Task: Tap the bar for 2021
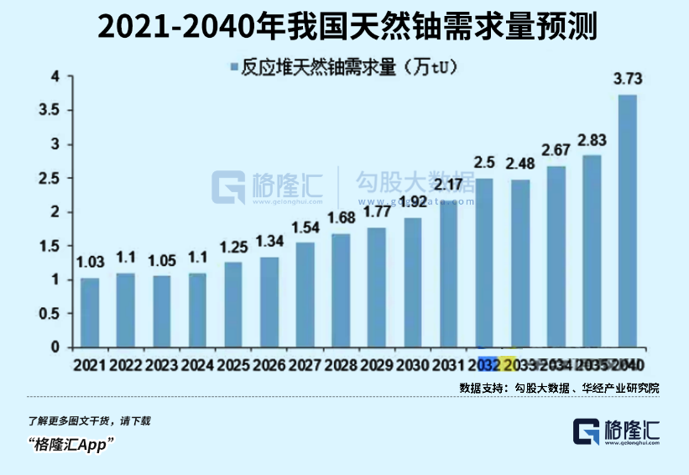coord(90,312)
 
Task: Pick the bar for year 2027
coord(305,295)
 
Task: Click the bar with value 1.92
coord(413,282)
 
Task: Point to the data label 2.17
coord(449,184)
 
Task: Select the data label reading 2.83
coord(592,139)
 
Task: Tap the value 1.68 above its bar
coord(341,218)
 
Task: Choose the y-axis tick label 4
coord(56,76)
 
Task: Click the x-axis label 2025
coord(233,365)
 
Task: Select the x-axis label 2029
coord(377,365)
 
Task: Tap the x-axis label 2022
coord(125,365)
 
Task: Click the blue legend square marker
coord(233,66)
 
